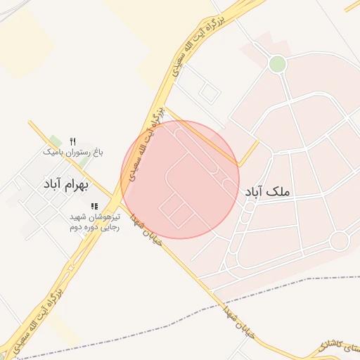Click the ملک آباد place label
267,191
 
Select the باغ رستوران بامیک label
73,151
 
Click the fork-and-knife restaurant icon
73,141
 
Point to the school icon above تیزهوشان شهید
94,206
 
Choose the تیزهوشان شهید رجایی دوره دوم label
94,222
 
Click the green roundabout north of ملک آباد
278,65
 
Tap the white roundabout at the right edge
339,240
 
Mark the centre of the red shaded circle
180,179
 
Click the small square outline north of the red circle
209,91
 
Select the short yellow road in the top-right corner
352,6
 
